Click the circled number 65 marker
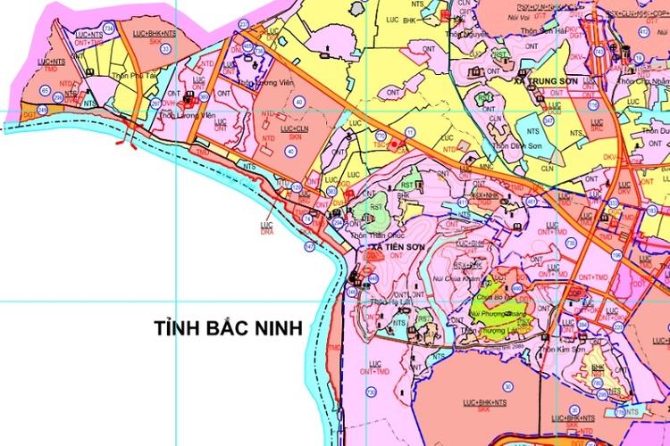click(x=45, y=91)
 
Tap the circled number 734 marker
click(x=109, y=29)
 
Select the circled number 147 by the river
click(x=309, y=245)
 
